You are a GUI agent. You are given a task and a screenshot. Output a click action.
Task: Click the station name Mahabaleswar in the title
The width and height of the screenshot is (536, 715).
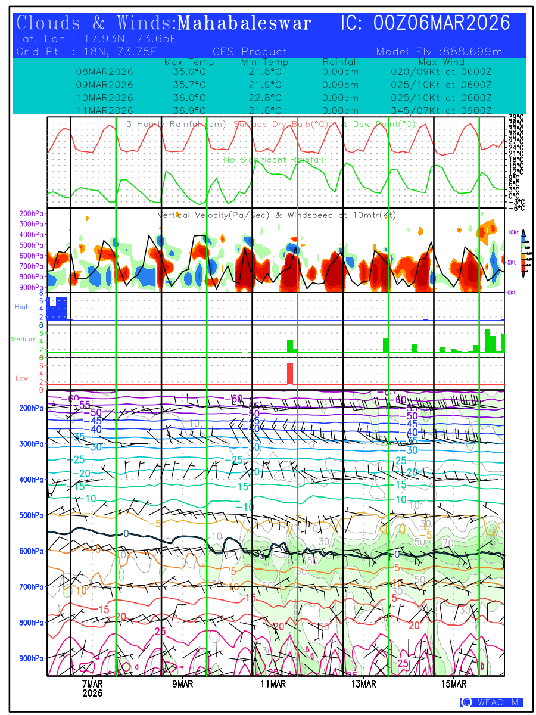tap(244, 23)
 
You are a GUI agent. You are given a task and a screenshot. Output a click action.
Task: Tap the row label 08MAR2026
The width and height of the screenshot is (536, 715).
tap(104, 71)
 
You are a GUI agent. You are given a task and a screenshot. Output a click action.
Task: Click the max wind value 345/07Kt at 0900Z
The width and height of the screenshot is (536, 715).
tap(441, 110)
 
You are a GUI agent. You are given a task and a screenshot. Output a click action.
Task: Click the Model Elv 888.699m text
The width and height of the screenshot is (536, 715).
tap(439, 52)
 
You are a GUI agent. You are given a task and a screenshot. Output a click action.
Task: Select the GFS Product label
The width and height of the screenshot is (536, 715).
tap(250, 52)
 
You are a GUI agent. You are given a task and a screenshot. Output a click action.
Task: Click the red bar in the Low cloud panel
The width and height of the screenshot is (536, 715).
tap(290, 374)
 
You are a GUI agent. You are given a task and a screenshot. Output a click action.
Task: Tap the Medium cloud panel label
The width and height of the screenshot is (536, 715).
tap(24, 339)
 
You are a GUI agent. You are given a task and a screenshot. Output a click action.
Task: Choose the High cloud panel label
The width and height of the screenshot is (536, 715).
tap(22, 307)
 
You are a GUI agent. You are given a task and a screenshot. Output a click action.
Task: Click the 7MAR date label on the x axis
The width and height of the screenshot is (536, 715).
tap(92, 683)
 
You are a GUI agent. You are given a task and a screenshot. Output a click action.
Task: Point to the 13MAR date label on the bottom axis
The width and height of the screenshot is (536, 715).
tap(363, 683)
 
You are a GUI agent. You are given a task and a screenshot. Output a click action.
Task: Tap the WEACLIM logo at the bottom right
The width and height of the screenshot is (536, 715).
tap(491, 702)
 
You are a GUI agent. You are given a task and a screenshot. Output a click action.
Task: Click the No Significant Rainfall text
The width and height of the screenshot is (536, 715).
tap(273, 160)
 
